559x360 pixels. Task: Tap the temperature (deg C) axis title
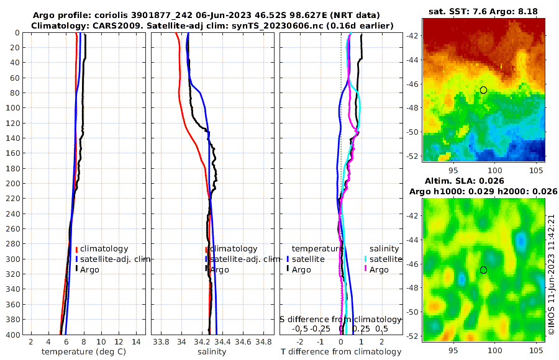tap(84, 352)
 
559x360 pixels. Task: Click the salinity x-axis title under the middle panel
tap(212, 352)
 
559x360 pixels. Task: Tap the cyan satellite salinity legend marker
tap(366, 259)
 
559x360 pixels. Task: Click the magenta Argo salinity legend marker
tap(366, 269)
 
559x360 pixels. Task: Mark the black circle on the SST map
tap(483, 90)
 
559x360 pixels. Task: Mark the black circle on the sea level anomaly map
tap(483, 270)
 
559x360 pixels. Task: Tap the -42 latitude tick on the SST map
tap(412, 35)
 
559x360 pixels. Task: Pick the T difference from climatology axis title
tap(341, 352)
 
